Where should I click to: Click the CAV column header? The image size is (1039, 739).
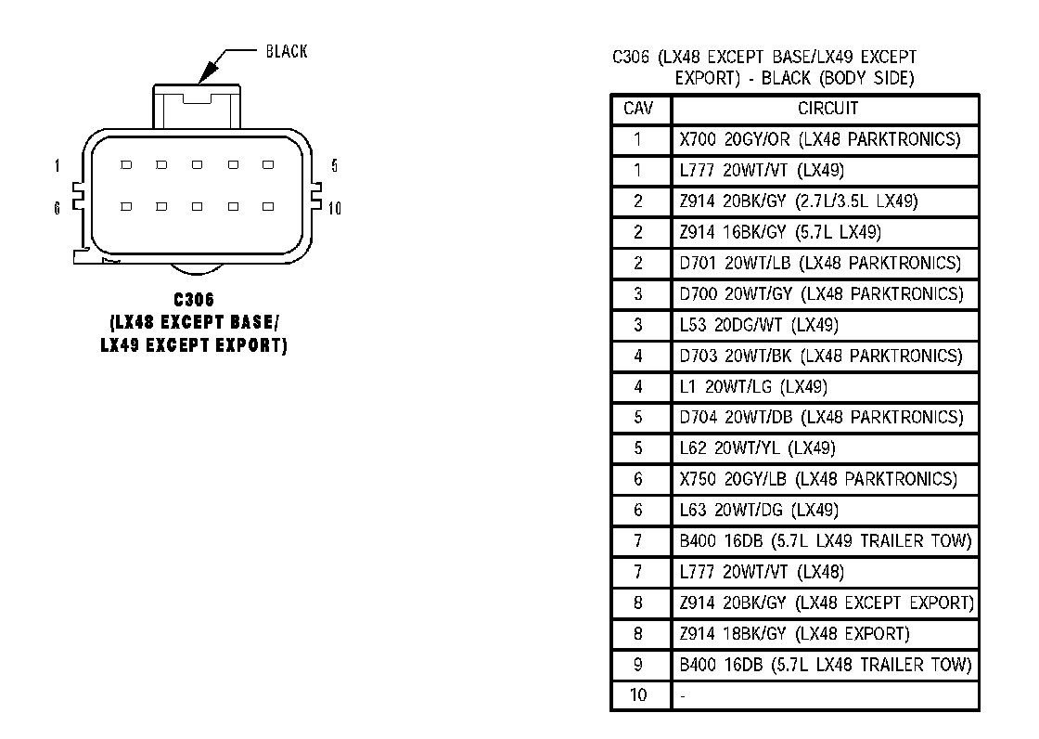pyautogui.click(x=638, y=109)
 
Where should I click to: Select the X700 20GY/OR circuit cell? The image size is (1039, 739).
pyautogui.click(x=819, y=140)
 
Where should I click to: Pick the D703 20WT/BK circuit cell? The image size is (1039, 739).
pyautogui.click(x=821, y=356)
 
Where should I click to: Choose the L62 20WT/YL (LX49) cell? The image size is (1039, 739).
pyautogui.click(x=757, y=448)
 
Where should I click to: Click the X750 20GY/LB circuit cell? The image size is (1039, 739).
pyautogui.click(x=818, y=479)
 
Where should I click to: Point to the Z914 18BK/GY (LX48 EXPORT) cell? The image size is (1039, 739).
pyautogui.click(x=794, y=634)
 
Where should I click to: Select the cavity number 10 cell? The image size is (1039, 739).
pyautogui.click(x=638, y=695)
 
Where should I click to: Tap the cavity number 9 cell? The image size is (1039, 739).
pyautogui.click(x=638, y=665)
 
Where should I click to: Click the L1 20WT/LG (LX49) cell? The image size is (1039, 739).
pyautogui.click(x=753, y=386)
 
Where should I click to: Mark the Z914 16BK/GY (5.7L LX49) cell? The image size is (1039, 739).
pyautogui.click(x=780, y=232)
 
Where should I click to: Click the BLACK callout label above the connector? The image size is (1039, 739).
pyautogui.click(x=286, y=52)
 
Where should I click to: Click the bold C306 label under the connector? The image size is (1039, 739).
pyautogui.click(x=194, y=301)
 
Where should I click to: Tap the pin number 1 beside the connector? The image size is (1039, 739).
pyautogui.click(x=58, y=167)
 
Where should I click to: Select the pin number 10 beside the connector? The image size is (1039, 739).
pyautogui.click(x=335, y=208)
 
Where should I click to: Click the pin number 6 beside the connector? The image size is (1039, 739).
pyautogui.click(x=58, y=208)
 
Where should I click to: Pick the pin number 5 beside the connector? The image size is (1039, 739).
pyautogui.click(x=334, y=167)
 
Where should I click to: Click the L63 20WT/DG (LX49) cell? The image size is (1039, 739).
pyautogui.click(x=759, y=510)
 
